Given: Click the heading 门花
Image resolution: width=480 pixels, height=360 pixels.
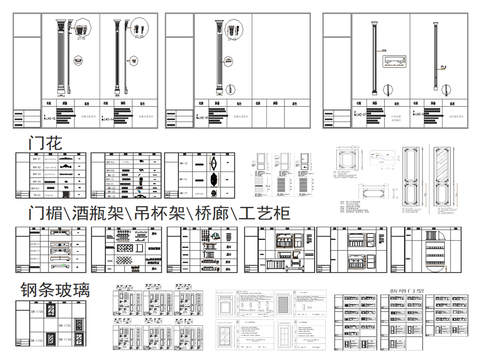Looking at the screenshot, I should (46, 143).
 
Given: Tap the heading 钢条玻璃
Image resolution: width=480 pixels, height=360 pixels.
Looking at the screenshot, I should (55, 290).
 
